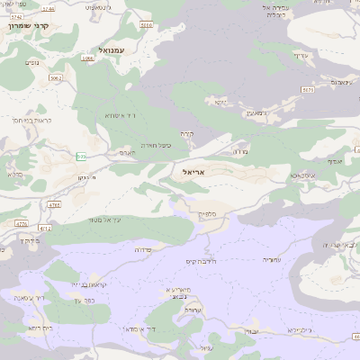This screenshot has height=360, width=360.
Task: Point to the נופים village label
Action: [32, 62]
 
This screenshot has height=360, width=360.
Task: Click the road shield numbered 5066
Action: [87, 58]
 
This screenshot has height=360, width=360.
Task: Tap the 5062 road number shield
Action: [56, 78]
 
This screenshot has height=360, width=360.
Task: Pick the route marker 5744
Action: [48, 8]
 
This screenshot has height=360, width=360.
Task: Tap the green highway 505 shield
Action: [82, 157]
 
